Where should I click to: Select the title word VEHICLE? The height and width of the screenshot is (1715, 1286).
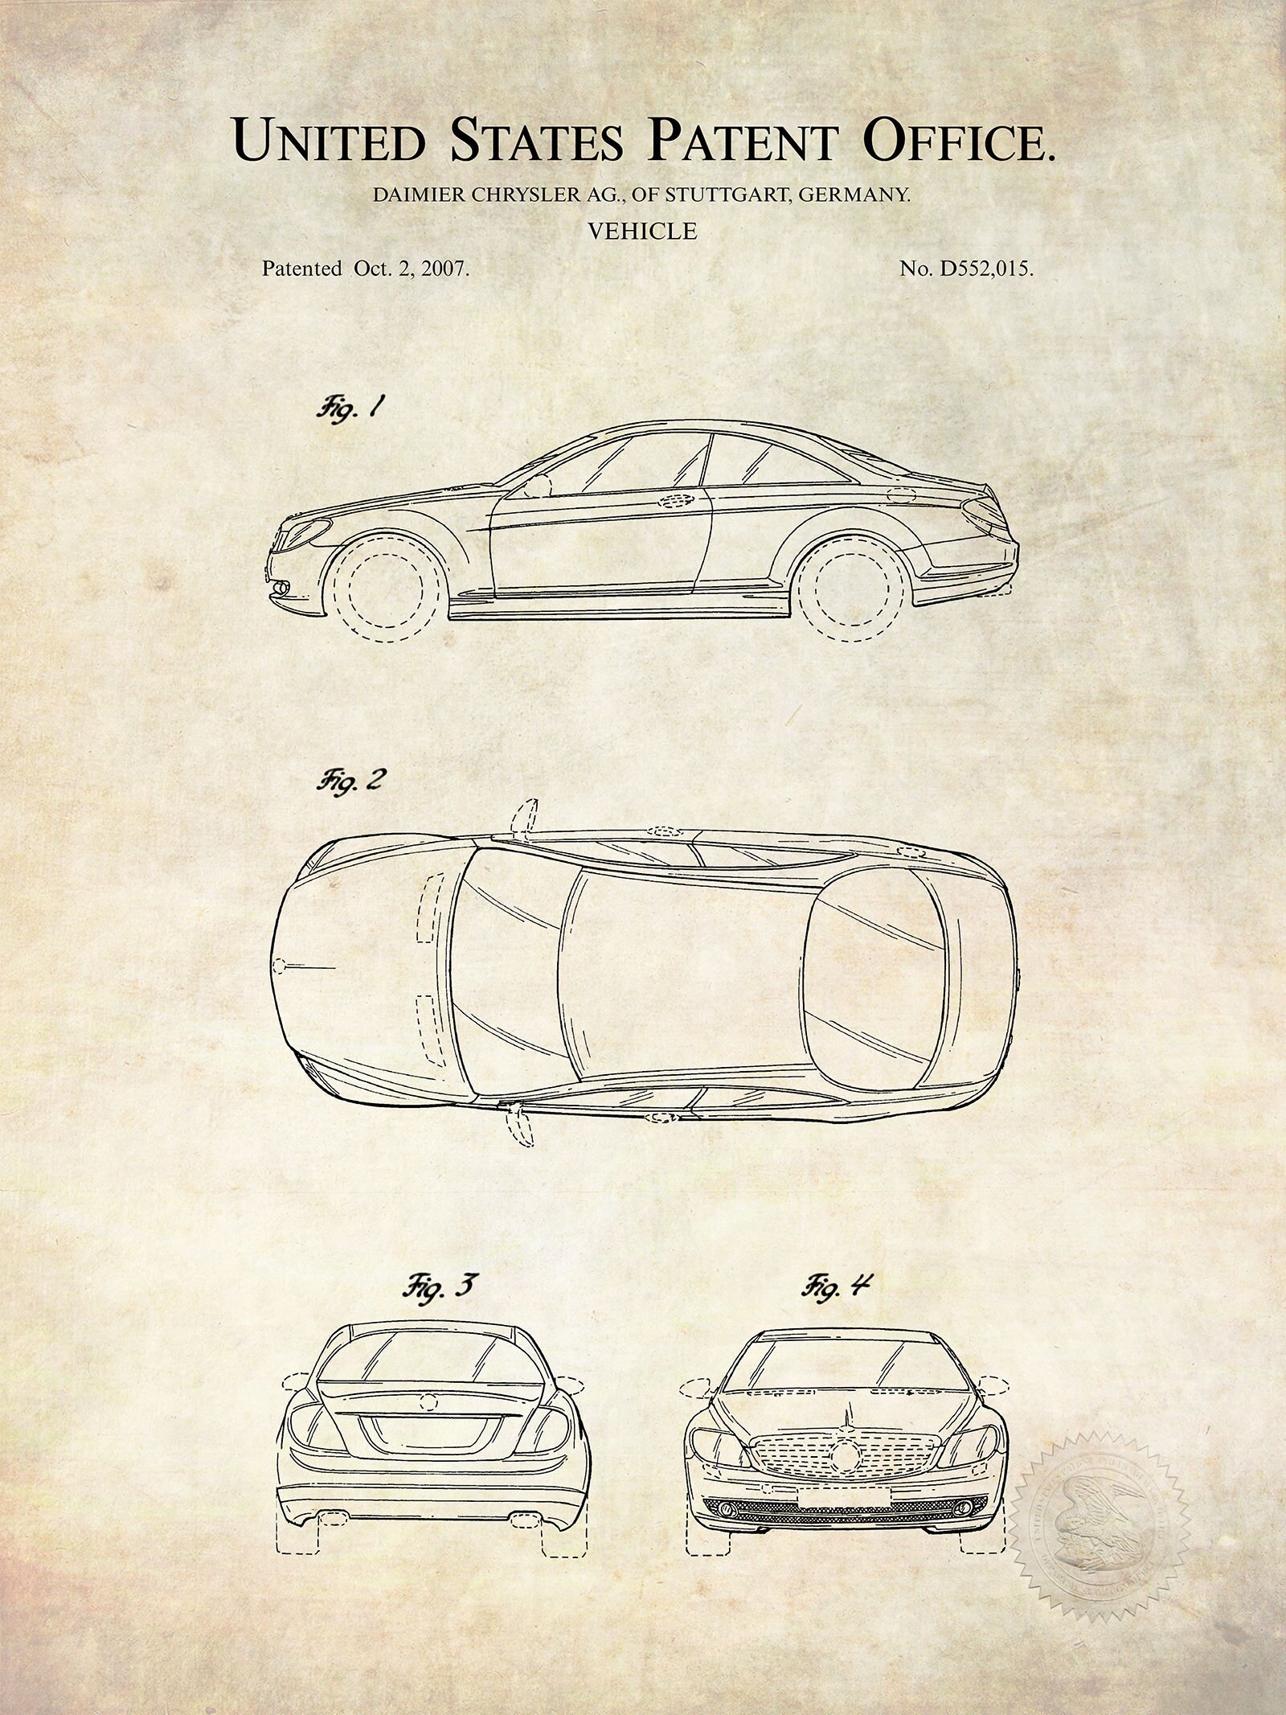(642, 232)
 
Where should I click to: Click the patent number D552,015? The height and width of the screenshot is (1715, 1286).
(982, 269)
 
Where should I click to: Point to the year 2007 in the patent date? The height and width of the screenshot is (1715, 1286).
(444, 269)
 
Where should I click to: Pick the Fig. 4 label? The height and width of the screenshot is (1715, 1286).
(836, 1286)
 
